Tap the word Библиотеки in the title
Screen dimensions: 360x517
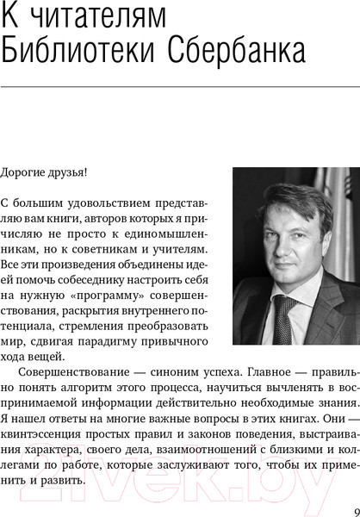74,53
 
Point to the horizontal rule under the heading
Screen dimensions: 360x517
180,87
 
